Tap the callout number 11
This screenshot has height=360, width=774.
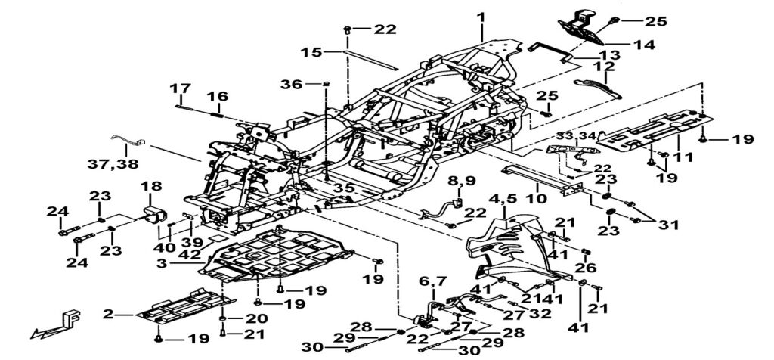[x=683, y=158]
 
